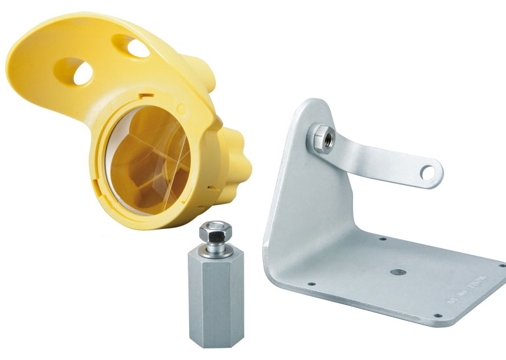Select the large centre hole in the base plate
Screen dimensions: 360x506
(x=398, y=273)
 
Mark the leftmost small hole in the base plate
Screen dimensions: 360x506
(x=311, y=283)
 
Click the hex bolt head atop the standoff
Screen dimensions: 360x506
(x=214, y=230)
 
